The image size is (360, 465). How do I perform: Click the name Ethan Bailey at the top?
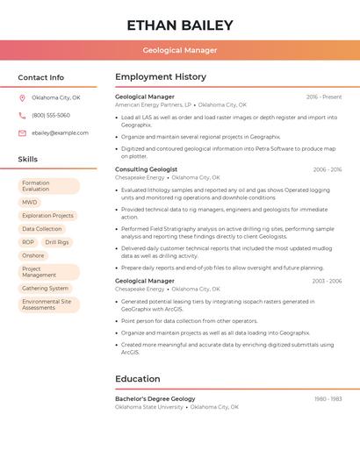tap(180, 25)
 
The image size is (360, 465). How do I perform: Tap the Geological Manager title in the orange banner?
tap(180, 50)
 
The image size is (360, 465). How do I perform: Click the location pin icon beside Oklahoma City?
tap(23, 97)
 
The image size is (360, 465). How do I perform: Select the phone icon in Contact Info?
tap(23, 115)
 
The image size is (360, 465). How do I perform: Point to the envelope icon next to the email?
tap(23, 132)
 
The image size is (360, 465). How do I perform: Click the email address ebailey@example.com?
tap(60, 132)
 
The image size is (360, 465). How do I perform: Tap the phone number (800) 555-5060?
tap(51, 115)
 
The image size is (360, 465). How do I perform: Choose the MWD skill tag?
tap(30, 202)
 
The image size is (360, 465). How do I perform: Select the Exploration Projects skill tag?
tap(47, 215)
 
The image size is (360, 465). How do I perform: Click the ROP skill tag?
tap(28, 242)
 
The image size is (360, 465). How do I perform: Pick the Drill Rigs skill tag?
tap(57, 242)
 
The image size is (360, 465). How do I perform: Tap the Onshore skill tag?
tap(32, 255)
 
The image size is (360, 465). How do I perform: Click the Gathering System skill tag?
tap(46, 288)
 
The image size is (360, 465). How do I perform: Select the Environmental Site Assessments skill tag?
tap(47, 304)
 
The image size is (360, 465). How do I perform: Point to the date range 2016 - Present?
tap(324, 97)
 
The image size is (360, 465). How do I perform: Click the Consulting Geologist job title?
tap(146, 169)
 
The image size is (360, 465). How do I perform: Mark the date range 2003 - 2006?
tap(327, 281)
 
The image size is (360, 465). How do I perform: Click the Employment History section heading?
tap(161, 77)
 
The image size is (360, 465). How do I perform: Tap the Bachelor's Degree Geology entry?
tap(155, 399)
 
